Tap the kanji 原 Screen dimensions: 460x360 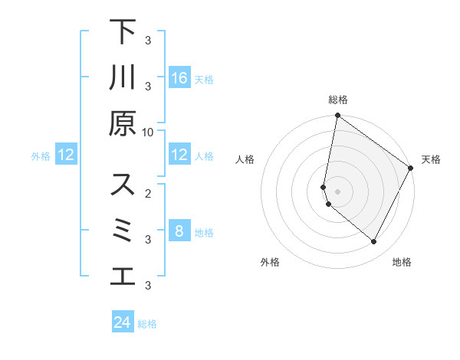tap(123, 123)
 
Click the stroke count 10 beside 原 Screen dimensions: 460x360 tap(148, 132)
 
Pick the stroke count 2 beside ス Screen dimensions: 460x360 tap(148, 194)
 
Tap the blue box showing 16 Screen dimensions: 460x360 tap(179, 78)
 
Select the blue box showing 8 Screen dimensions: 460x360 tap(179, 231)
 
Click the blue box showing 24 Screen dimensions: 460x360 tap(123, 322)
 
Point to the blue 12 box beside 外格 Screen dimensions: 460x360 tap(66, 155)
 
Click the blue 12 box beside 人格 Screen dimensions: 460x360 tap(179, 155)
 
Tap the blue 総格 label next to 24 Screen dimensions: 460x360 tap(147, 324)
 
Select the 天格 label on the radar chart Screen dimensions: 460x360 tap(431, 159)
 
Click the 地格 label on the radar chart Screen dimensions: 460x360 tap(402, 262)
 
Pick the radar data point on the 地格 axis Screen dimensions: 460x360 tap(374, 242)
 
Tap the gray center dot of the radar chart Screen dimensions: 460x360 tap(337, 191)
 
